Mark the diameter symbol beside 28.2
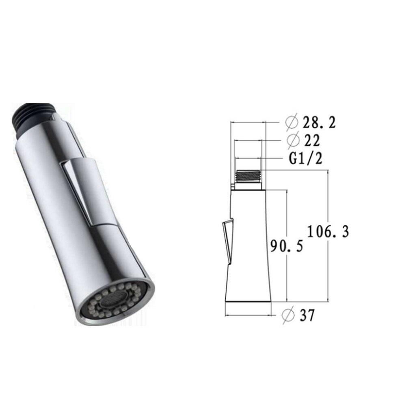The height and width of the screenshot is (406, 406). [292, 122]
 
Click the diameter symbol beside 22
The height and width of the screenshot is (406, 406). [292, 140]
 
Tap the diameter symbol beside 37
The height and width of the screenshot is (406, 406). [289, 315]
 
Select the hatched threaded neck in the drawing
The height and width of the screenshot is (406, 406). [248, 176]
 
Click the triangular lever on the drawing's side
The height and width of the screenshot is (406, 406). [228, 240]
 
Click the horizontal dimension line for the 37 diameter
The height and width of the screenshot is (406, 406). [248, 315]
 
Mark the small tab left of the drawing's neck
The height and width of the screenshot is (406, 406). [232, 186]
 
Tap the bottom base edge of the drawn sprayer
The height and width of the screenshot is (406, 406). [248, 302]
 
